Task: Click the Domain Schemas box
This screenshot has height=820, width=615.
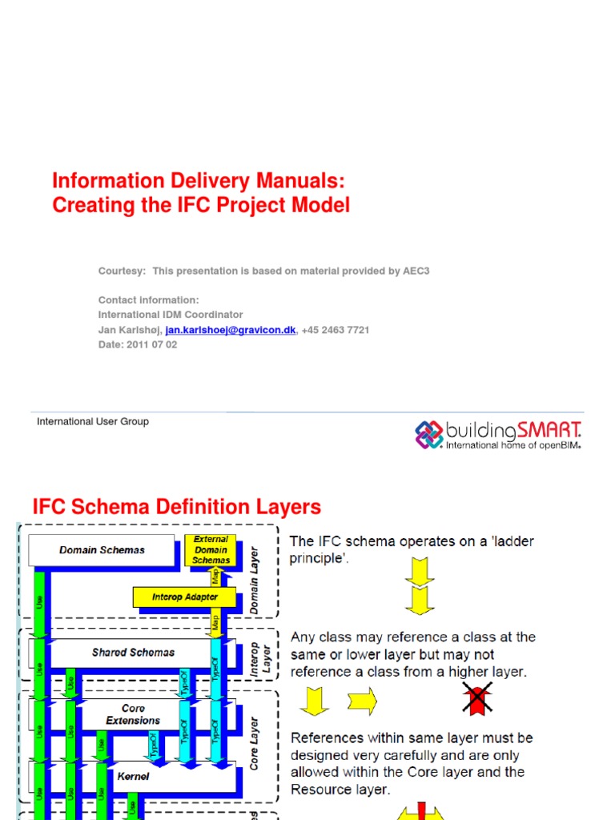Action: tap(102, 550)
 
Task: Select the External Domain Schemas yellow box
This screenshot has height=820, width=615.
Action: tap(211, 550)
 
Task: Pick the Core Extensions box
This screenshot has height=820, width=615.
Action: tap(133, 714)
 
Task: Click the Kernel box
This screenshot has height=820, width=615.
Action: tap(133, 776)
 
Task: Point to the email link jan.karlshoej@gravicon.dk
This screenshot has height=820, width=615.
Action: tap(231, 330)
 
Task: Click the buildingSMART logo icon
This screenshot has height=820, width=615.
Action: tap(428, 434)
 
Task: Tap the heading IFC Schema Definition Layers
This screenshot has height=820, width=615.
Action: tap(176, 507)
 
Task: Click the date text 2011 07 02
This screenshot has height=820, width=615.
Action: tap(151, 344)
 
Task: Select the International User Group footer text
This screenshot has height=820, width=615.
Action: tap(93, 421)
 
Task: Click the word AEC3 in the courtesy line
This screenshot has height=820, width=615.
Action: tap(416, 271)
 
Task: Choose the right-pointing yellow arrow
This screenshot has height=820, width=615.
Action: tap(362, 701)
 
